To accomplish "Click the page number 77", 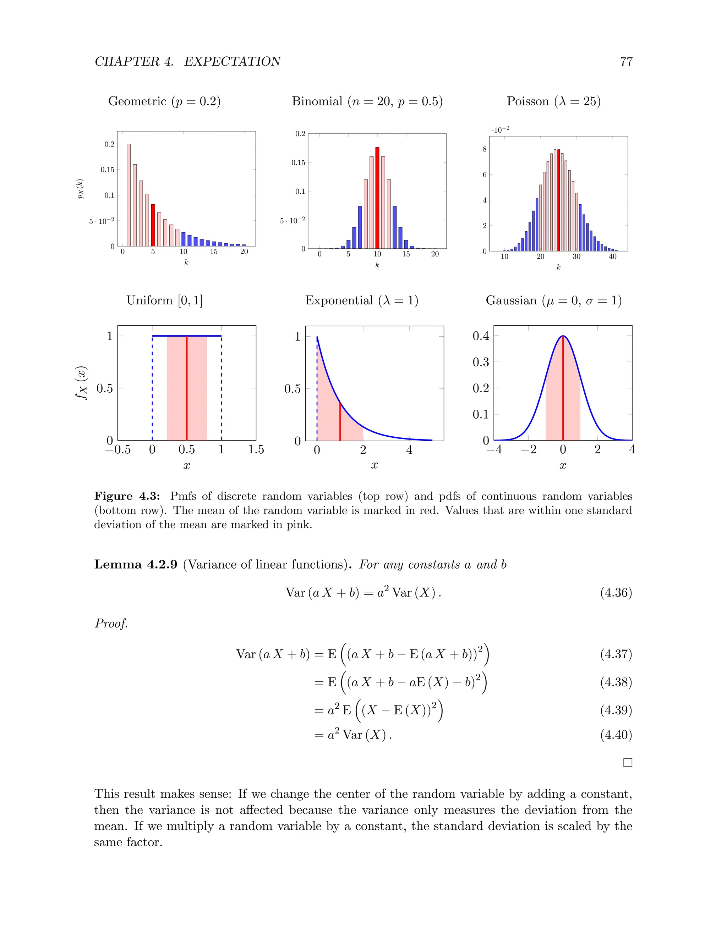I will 626,62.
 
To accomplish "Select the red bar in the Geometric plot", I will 153,225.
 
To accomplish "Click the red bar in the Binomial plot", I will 377,198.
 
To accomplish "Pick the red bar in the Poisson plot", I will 559,200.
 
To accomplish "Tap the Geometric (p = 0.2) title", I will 164,101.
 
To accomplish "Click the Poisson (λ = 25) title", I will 553,101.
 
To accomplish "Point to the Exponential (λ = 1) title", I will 362,300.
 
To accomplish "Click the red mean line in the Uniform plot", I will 187,387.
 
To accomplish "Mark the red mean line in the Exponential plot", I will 340,422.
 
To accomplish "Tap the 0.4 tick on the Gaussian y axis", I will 481,336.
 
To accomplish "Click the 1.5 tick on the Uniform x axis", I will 256,449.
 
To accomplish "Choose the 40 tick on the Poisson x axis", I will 612,256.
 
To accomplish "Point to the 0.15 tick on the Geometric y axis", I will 108,170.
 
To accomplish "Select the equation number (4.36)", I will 616,593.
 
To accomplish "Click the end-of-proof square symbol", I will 628,763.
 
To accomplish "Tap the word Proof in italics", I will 111,623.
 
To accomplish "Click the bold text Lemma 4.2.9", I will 136,564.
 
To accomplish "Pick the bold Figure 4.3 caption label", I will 127,496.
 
